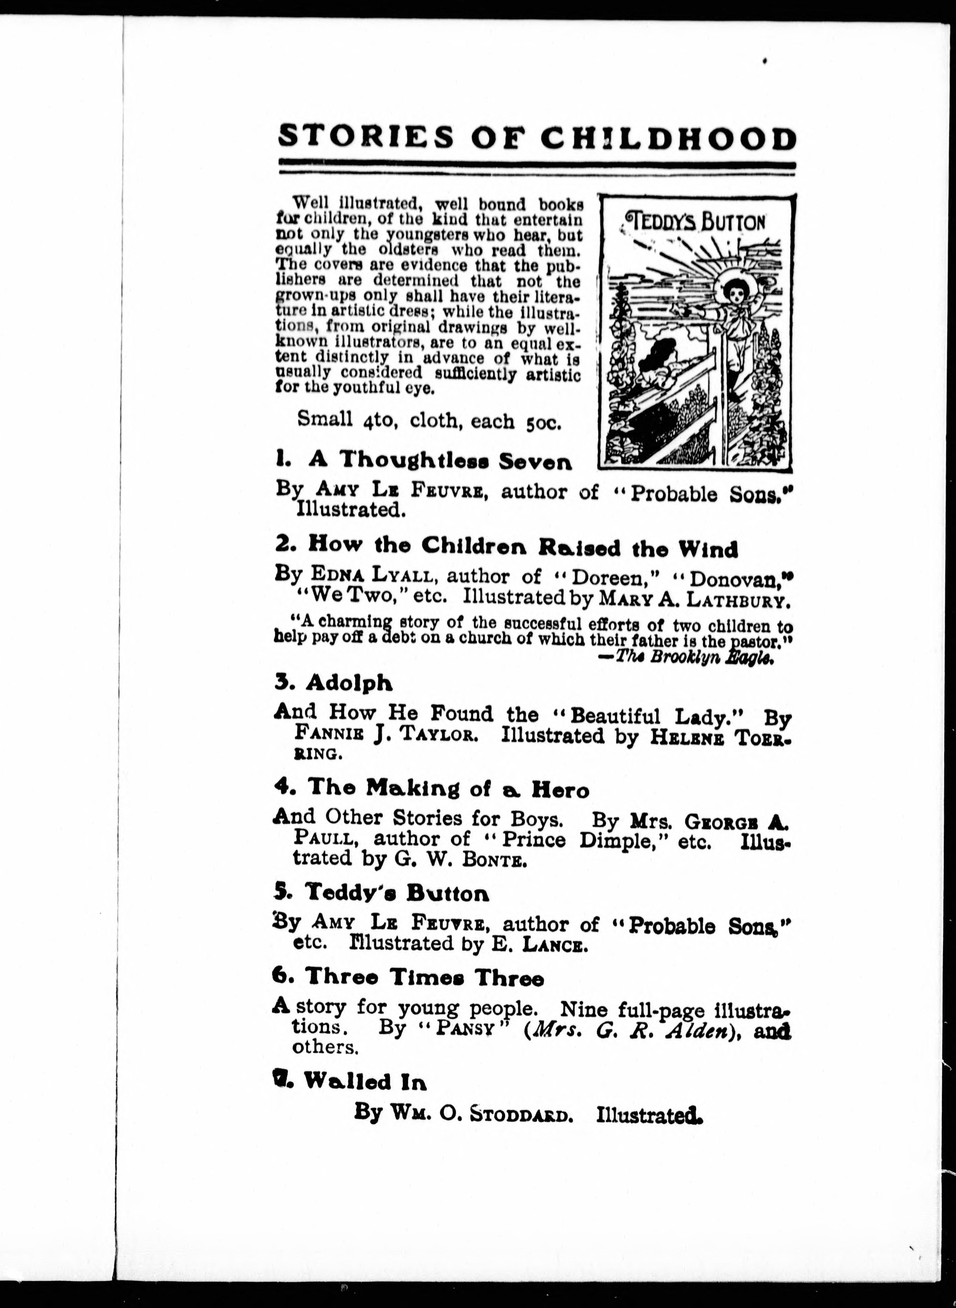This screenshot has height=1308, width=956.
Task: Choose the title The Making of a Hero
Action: point(448,788)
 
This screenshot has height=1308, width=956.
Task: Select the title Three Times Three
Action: point(424,979)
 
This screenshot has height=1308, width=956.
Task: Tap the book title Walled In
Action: point(365,1081)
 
